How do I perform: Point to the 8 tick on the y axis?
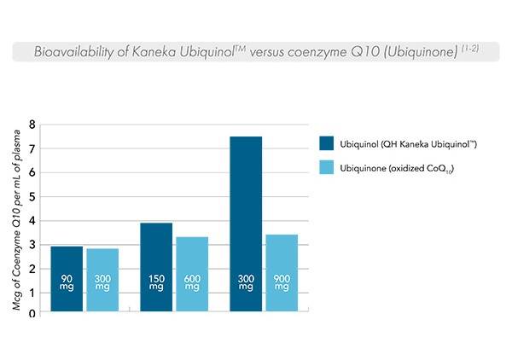pyautogui.click(x=32, y=125)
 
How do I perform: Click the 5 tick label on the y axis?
pyautogui.click(x=32, y=197)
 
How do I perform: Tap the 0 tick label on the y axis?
pyautogui.click(x=32, y=314)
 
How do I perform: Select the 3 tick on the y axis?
pyautogui.click(x=32, y=245)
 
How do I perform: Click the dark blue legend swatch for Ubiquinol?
pyautogui.click(x=325, y=144)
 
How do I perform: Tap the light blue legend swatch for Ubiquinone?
pyautogui.click(x=325, y=169)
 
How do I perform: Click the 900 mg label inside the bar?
pyautogui.click(x=282, y=282)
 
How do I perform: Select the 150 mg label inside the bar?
pyautogui.click(x=155, y=282)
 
